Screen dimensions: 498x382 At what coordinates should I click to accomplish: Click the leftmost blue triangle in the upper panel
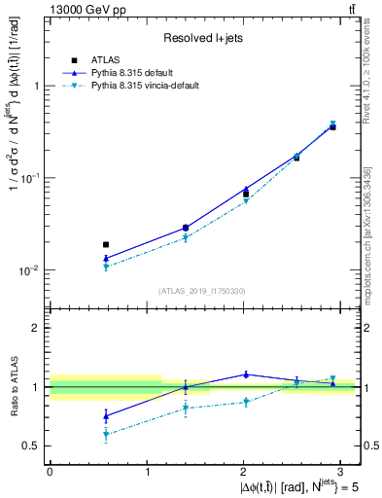(106, 259)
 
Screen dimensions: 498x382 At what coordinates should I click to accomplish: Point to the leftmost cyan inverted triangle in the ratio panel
(106, 435)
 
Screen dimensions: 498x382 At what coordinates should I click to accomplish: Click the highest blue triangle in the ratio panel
(246, 373)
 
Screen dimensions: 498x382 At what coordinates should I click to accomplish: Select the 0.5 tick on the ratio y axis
(33, 445)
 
